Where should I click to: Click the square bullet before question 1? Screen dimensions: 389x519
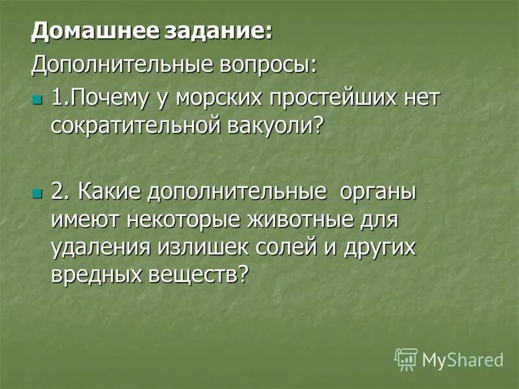tap(36, 99)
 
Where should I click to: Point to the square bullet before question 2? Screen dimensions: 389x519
tap(36, 193)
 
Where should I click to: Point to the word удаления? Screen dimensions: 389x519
tap(97, 247)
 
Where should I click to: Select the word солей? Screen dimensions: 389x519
tap(276, 247)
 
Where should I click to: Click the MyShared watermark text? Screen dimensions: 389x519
tap(463, 359)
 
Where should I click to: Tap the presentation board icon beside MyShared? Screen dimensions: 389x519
tap(406, 359)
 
